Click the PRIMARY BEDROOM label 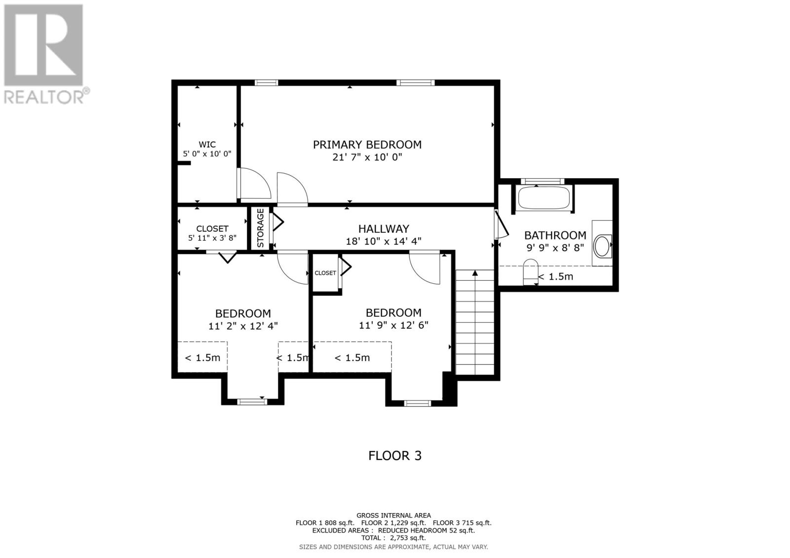click(367, 145)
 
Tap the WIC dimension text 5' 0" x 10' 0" click(207, 154)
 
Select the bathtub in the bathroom click(543, 198)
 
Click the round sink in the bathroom click(602, 246)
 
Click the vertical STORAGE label click(260, 228)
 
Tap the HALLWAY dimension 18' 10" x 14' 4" click(383, 241)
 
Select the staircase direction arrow click(475, 273)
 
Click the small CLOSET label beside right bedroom click(325, 273)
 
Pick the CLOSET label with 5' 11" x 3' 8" click(212, 228)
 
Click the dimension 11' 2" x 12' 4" click(243, 326)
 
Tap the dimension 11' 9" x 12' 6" click(393, 325)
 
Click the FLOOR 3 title click(395, 455)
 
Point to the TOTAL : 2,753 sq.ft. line click(393, 538)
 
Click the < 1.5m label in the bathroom click(555, 277)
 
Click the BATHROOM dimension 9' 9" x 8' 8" click(555, 248)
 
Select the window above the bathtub click(543, 181)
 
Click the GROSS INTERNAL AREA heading click(393, 516)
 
